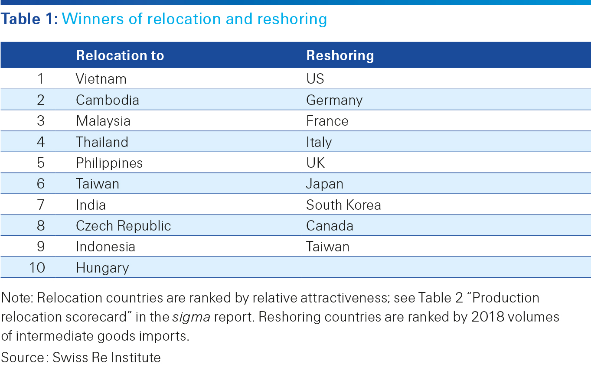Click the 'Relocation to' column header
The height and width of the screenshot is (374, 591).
coord(120,55)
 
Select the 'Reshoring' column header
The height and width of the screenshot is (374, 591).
coord(340,55)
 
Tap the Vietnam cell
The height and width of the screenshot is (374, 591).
coord(101,79)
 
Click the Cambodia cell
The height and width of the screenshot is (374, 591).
coord(108,100)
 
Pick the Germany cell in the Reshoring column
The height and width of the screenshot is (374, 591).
coord(334,100)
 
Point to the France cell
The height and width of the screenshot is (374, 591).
coord(327,121)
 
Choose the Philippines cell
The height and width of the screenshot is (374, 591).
coord(109,163)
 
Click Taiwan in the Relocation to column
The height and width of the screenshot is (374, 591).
coord(98,184)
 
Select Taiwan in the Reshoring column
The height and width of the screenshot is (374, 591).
coord(327,247)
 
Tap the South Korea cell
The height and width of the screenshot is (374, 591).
coord(343,205)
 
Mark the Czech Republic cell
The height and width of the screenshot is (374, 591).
coord(124,226)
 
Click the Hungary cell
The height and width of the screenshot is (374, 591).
coord(102,268)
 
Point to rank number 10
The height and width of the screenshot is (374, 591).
coord(37,268)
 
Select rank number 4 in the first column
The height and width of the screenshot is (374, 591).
coord(41,142)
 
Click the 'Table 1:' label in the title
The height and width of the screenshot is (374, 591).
coord(29,19)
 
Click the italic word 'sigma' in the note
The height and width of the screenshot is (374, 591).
coord(191,317)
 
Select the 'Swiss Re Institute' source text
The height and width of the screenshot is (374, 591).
coord(107,358)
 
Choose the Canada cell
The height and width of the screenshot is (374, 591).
coord(330,226)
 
